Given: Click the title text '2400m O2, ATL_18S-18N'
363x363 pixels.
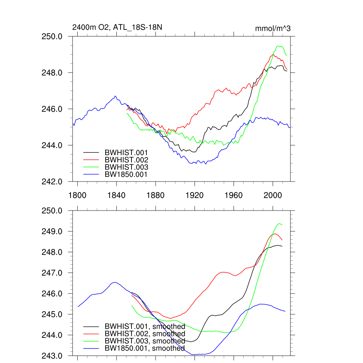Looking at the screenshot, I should point(117,27).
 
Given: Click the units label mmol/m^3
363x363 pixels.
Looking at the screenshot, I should point(273,28).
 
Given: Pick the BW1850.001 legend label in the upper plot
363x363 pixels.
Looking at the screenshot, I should point(126,174).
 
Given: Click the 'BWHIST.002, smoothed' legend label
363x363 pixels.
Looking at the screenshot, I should point(145,334).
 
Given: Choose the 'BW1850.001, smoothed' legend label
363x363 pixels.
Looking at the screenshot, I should point(145,348).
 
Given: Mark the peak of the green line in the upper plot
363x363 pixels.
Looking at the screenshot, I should point(278,46).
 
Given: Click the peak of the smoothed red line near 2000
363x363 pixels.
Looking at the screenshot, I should point(275,234).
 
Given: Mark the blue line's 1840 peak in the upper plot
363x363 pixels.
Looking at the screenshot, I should point(115,96).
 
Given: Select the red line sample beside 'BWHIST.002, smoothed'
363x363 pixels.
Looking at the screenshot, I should point(91,334).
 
